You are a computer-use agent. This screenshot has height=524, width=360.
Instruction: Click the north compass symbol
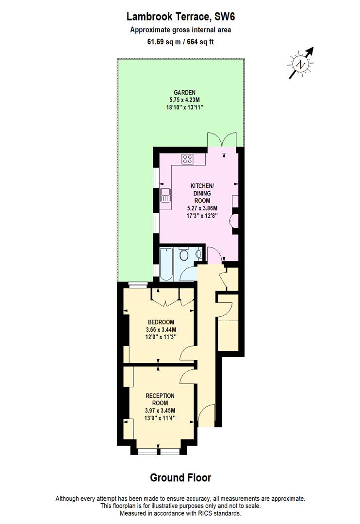click(302, 63)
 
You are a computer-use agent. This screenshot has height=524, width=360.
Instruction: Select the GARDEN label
click(185, 92)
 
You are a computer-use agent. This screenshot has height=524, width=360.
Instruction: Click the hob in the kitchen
click(187, 158)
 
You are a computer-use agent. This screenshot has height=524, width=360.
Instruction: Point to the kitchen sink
click(165, 195)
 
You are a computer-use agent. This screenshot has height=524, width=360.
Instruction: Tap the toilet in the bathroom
click(184, 256)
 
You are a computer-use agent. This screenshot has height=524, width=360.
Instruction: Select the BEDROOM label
click(161, 322)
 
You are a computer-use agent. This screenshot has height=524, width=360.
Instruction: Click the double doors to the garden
click(222, 140)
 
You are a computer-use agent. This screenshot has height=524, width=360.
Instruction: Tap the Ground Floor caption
click(180, 478)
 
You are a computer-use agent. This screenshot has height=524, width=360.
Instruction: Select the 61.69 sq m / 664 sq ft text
click(180, 41)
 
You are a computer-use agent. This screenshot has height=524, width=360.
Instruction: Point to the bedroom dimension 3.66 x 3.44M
click(161, 330)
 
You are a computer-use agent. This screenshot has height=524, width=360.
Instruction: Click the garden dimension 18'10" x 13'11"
click(185, 107)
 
